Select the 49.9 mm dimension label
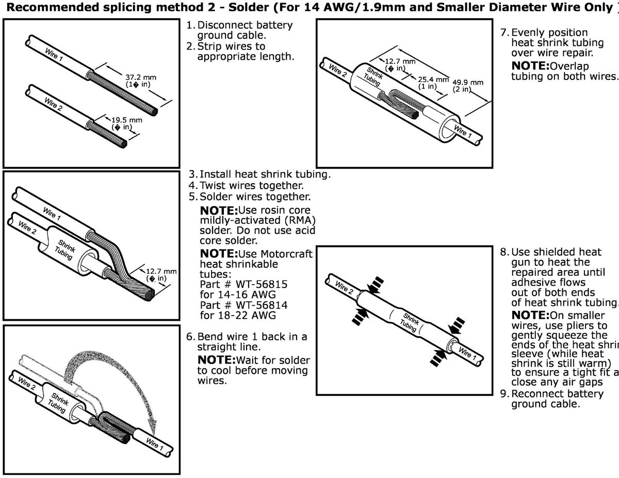point(468,83)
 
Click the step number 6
point(189,337)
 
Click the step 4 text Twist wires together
point(252,185)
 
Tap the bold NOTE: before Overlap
point(530,66)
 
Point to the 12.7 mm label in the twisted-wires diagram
point(161,271)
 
